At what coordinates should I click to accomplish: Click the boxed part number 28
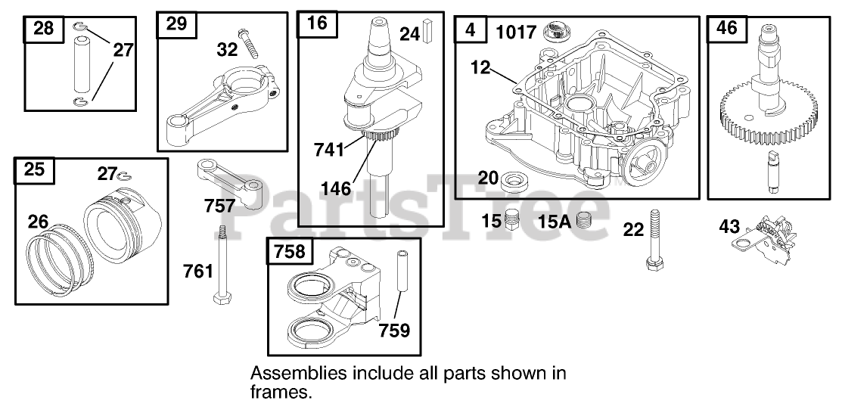point(44,29)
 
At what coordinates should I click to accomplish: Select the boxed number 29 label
point(176,24)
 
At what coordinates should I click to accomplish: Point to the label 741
point(329,150)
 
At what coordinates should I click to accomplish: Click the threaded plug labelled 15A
point(583,221)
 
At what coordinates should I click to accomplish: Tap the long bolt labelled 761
point(223,265)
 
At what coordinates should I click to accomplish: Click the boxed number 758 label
point(287,252)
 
